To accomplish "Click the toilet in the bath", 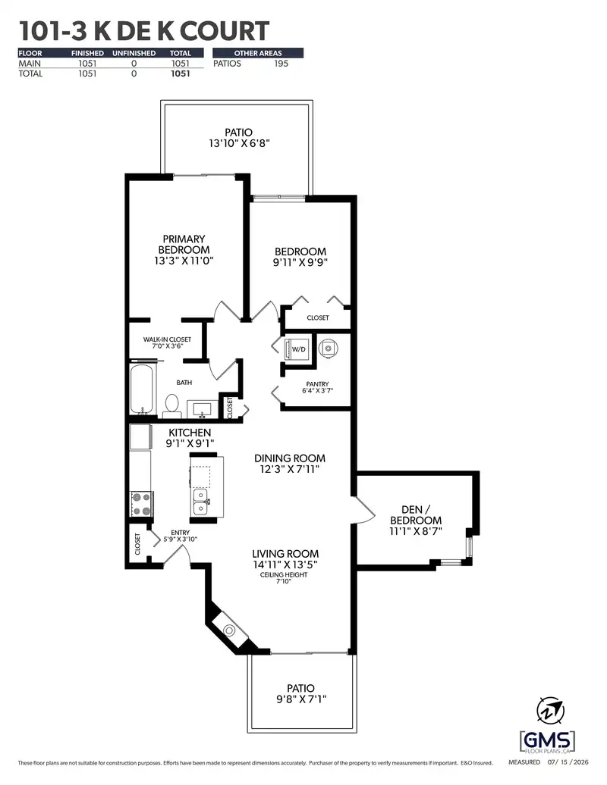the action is [x=172, y=405].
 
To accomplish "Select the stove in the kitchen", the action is [x=142, y=504].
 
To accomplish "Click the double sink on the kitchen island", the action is [x=200, y=502].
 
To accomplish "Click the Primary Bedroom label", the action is [x=184, y=244].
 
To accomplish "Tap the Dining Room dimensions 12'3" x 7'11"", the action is [x=289, y=470].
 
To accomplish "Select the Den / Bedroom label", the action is [x=416, y=514].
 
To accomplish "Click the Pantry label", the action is [x=317, y=384].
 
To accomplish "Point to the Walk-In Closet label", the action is [x=167, y=339].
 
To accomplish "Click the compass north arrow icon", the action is [x=550, y=711].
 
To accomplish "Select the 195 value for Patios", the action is [x=281, y=64].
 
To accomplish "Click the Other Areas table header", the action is [x=258, y=53].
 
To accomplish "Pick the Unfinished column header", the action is [x=134, y=53].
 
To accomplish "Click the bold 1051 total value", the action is [x=181, y=73].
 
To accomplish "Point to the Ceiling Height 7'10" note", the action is [x=284, y=577].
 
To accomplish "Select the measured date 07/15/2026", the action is [x=568, y=762].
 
